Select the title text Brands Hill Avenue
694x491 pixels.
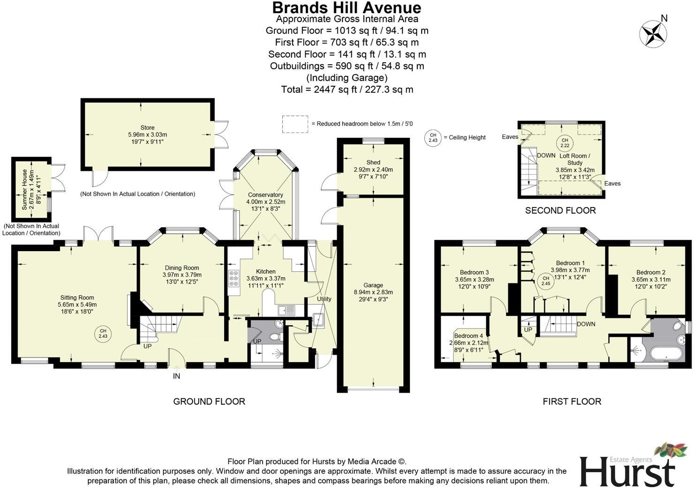[347, 7]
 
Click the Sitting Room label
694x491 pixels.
[77, 298]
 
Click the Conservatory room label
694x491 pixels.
[265, 195]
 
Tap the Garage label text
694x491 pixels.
[373, 285]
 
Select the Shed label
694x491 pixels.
[373, 163]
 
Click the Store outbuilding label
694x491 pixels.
[147, 127]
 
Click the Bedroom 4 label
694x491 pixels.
[468, 336]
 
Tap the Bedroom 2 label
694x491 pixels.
[651, 272]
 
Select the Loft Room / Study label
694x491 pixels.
[575, 159]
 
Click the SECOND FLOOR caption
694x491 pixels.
[560, 211]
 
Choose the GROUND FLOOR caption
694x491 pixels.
[209, 402]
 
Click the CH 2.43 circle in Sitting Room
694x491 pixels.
[103, 334]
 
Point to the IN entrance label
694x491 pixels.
[176, 376]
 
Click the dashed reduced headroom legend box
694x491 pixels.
[295, 124]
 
